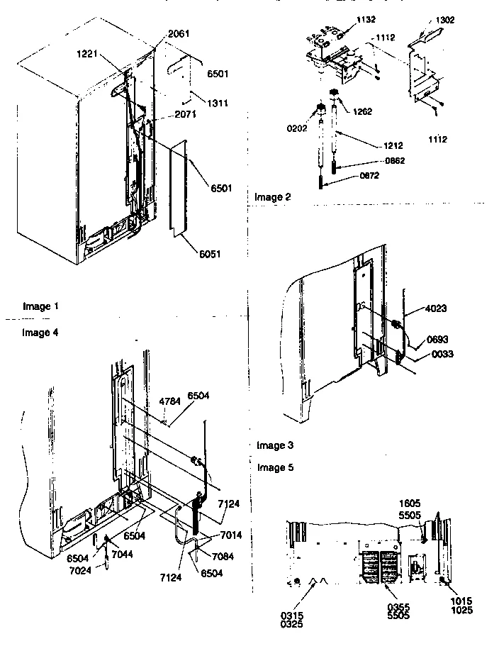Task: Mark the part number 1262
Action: tap(361, 111)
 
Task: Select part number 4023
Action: tap(437, 309)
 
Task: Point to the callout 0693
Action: tap(437, 340)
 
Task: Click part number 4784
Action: tap(169, 401)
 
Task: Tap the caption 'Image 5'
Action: tap(277, 467)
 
